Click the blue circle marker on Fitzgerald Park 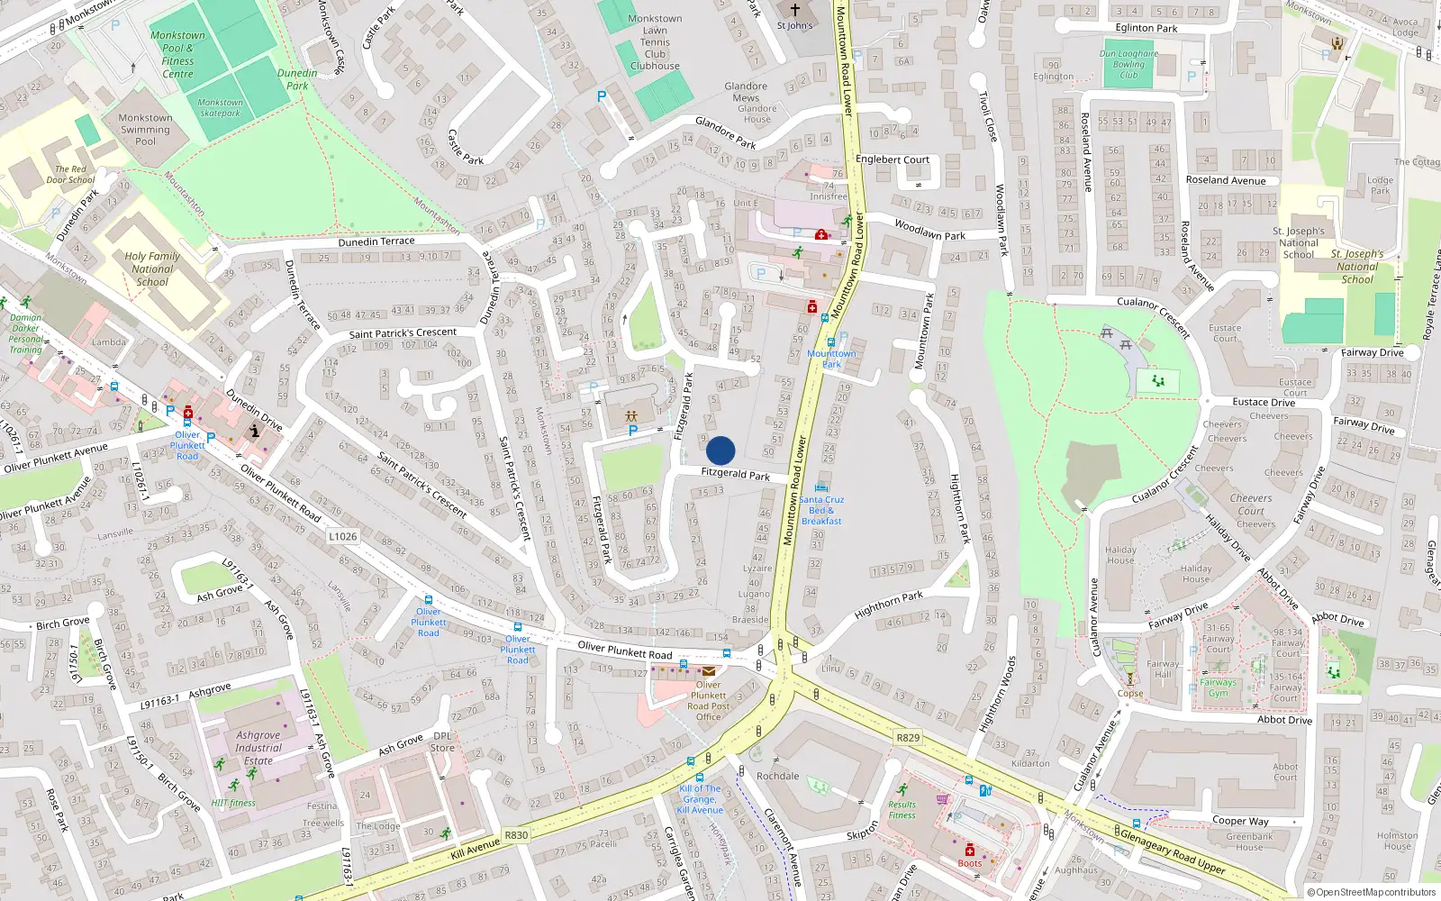pos(720,450)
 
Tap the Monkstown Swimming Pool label pos(145,130)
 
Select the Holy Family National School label pos(152,268)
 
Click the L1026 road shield pos(343,536)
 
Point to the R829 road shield pos(908,737)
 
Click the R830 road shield pos(516,835)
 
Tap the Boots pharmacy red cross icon pos(970,850)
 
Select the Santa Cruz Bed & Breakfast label pos(821,510)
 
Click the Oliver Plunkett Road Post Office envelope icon pos(709,671)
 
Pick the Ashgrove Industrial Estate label pos(258,748)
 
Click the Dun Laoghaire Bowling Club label pos(1128,64)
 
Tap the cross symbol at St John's pos(794,11)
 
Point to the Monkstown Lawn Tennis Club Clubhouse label pos(655,42)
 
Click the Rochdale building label pos(778,776)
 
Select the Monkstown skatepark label pos(221,108)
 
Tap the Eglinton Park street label pos(1146,28)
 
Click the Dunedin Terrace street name pos(376,241)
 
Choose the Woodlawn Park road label pos(929,230)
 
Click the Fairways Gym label pos(1219,687)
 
